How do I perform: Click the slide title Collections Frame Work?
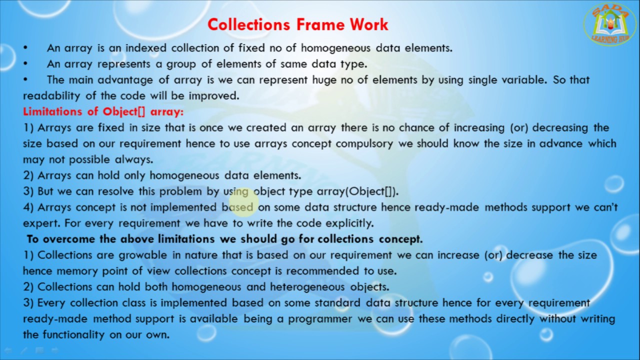click(x=298, y=24)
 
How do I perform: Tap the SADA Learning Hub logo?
click(x=610, y=24)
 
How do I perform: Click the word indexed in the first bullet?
click(x=147, y=48)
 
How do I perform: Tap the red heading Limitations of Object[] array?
click(x=103, y=111)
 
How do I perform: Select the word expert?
click(x=37, y=223)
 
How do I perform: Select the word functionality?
click(x=73, y=335)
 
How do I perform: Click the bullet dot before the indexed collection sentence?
click(x=25, y=48)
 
